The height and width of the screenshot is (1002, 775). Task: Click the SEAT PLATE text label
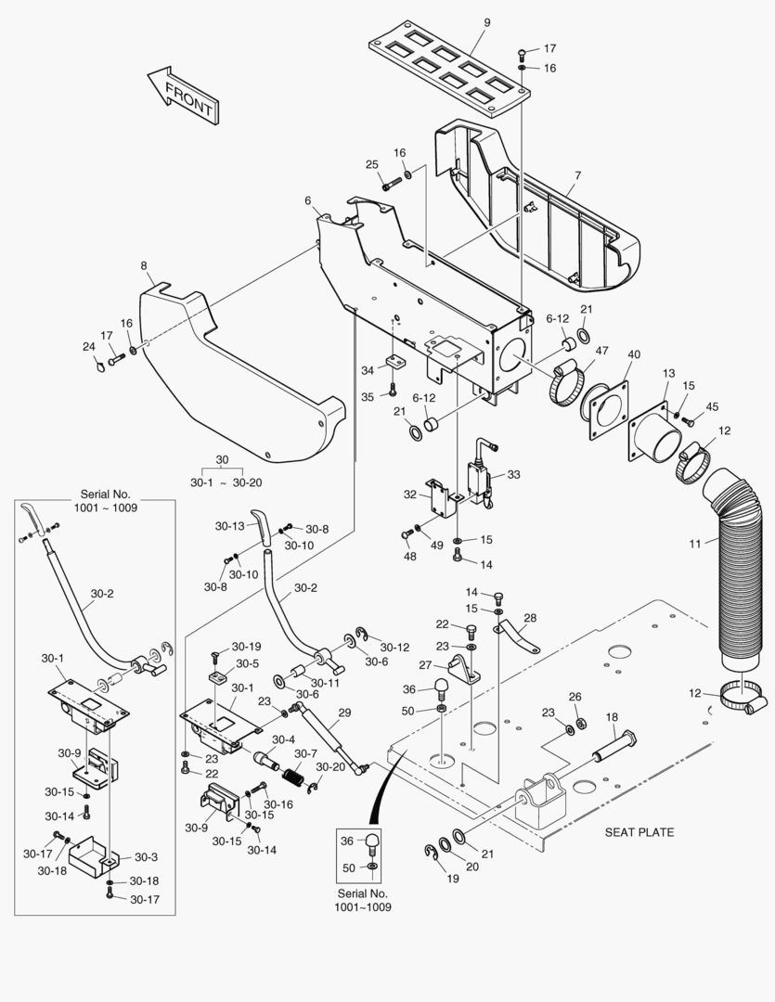click(x=639, y=832)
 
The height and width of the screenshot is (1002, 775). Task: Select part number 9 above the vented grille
click(x=487, y=22)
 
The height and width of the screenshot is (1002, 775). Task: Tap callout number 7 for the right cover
click(x=577, y=175)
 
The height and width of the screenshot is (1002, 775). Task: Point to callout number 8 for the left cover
click(x=144, y=266)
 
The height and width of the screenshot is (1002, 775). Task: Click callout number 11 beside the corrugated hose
click(x=695, y=544)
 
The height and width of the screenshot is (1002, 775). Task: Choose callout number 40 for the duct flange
click(x=634, y=354)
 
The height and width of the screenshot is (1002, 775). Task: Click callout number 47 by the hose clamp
click(x=601, y=351)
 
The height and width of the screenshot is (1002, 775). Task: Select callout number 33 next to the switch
click(x=513, y=475)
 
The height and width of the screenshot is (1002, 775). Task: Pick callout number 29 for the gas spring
click(x=344, y=713)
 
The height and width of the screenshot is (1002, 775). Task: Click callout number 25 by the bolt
click(x=371, y=164)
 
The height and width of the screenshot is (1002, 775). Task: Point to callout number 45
click(x=712, y=406)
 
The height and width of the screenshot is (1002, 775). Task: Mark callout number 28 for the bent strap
click(x=530, y=618)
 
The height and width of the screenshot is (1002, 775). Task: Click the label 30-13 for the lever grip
click(x=229, y=526)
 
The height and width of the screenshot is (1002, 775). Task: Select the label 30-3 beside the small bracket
click(x=147, y=857)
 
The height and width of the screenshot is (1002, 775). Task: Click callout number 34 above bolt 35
click(x=368, y=370)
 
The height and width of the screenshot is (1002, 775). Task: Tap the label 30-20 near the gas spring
click(x=329, y=766)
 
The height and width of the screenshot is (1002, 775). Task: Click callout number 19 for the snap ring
click(x=453, y=878)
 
